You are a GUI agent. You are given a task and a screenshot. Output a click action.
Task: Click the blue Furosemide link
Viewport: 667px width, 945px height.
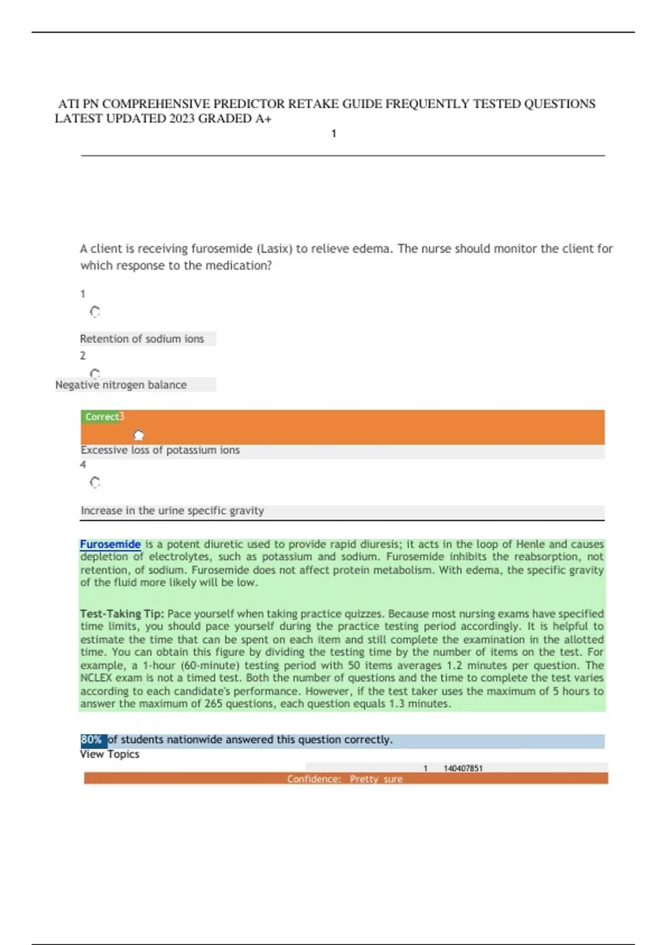110,544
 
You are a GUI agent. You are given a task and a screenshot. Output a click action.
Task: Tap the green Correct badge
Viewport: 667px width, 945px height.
101,416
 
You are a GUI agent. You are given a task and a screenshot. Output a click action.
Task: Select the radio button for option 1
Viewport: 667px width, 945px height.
95,312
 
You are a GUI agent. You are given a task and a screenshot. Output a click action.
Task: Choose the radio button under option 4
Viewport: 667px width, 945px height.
95,482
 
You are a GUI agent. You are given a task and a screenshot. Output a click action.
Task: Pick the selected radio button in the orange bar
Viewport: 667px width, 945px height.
139,435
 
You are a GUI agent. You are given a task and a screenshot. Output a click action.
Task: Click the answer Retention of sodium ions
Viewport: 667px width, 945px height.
142,339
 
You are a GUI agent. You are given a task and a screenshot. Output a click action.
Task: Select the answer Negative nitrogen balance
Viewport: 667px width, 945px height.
121,385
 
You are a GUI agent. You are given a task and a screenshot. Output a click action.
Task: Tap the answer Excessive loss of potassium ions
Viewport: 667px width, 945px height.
160,450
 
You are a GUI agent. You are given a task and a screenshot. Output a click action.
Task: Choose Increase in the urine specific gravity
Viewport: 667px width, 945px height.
172,510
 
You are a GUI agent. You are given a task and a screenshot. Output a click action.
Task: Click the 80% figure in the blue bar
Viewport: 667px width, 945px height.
92,740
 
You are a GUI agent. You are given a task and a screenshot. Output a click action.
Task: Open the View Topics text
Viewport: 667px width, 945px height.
109,754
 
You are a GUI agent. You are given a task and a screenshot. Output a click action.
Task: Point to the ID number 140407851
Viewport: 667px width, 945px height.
463,768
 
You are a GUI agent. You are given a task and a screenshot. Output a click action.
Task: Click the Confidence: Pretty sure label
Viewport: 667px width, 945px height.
345,779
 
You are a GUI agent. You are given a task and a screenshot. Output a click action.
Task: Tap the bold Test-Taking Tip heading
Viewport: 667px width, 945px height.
122,614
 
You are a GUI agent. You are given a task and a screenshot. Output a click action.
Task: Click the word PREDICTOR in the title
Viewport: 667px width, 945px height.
248,104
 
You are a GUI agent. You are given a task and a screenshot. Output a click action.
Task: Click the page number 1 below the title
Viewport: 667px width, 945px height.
333,133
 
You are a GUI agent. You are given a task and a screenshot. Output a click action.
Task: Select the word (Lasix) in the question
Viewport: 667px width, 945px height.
272,248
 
